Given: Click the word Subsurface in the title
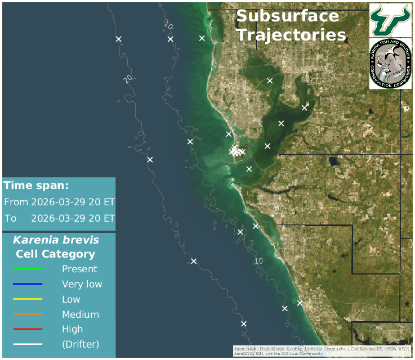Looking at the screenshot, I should coord(287,16).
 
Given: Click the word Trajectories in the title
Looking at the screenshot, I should coord(291,35).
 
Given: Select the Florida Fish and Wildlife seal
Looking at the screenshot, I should coord(390,64).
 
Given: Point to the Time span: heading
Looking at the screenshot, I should coord(36,186).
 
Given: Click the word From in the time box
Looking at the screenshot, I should coord(16,202).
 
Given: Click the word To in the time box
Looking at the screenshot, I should coord(10,218).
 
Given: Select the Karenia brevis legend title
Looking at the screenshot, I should coord(56,240).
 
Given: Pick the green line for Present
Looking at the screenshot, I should coord(28,269).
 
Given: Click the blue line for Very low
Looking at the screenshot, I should coord(28,284).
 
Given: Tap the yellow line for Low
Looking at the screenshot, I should coord(28,299).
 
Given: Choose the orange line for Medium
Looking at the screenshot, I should coord(28,314).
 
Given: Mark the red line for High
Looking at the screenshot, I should coord(28,329).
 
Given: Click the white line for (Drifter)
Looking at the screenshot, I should coord(28,344).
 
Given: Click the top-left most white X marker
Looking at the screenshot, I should coord(119,39).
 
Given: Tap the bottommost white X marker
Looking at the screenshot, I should coord(244,323).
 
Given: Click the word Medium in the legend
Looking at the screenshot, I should coord(81,314).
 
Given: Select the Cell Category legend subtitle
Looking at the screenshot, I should coord(55,254).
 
